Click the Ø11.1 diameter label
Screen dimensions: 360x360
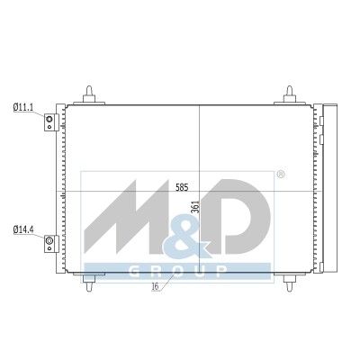[23, 108]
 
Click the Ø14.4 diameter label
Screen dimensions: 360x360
[23, 230]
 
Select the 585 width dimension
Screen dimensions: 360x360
[182, 188]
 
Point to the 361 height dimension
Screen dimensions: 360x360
[195, 207]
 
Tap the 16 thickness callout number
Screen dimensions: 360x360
[155, 286]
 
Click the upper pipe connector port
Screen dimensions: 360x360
[49, 120]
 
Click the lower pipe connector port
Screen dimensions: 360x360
[49, 240]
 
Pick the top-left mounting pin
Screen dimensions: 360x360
[89, 94]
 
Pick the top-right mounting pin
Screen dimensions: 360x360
[290, 94]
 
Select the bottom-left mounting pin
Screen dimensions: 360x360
[89, 283]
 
